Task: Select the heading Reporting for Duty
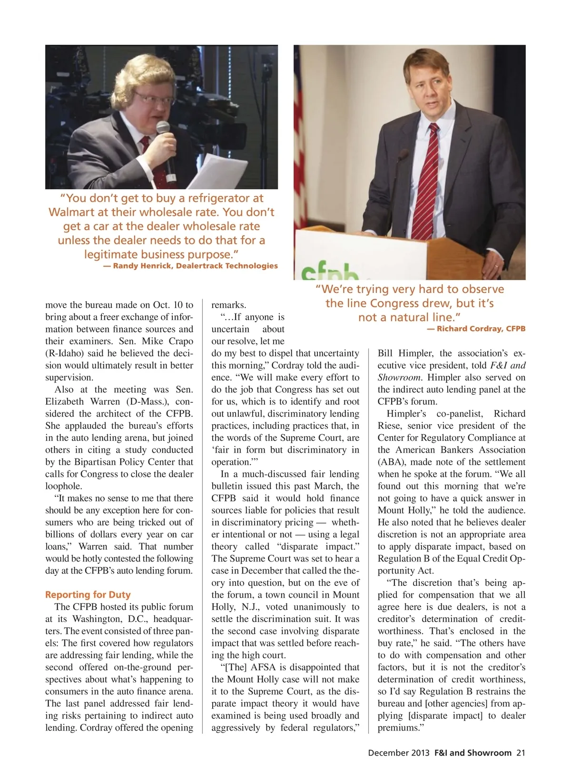[88, 594]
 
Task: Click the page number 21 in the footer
[521, 753]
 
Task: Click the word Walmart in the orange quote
[71, 212]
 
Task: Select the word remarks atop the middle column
[228, 305]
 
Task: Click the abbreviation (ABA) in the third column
[392, 462]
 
